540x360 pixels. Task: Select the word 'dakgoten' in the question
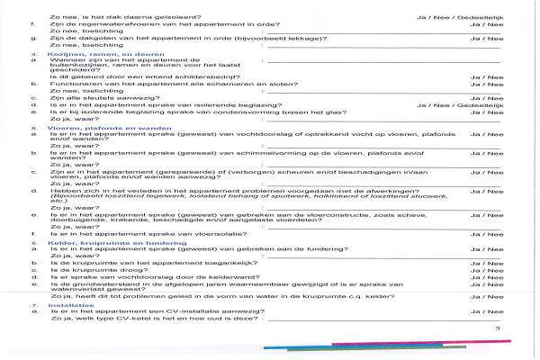point(91,38)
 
